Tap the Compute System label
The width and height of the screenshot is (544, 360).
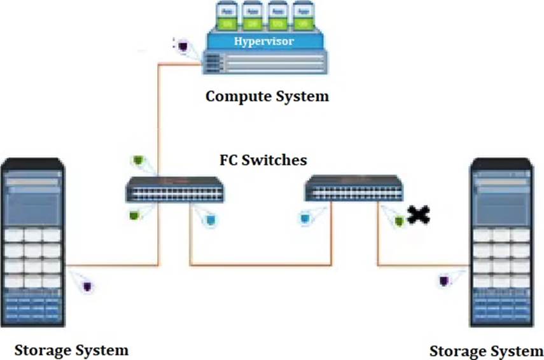267,97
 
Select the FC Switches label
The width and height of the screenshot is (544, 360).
262,159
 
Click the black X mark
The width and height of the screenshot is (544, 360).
418,216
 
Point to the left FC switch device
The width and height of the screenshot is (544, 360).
174,189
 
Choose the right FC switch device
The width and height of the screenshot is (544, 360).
353,188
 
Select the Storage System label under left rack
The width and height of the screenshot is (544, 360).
71,350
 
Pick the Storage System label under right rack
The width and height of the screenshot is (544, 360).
486,351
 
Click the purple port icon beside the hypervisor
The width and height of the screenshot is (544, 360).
183,46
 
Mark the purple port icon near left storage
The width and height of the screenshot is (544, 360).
87,286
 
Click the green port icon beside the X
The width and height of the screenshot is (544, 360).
399,221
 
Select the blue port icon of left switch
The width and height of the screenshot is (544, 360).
211,219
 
